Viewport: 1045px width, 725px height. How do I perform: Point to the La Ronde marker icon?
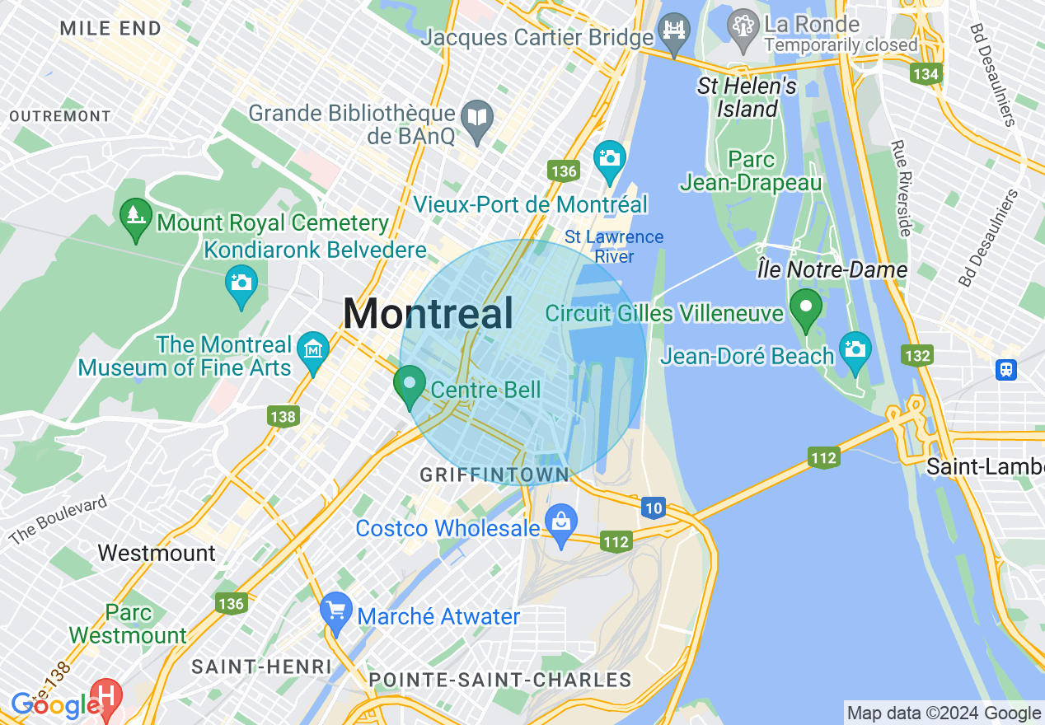point(743,27)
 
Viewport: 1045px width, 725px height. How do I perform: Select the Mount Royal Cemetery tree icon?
point(135,217)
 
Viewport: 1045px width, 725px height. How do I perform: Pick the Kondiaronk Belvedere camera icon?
point(241,284)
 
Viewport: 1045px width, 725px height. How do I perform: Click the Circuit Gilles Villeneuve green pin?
point(805,308)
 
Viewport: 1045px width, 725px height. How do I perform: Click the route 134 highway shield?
point(926,74)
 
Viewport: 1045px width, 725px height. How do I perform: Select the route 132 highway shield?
point(917,356)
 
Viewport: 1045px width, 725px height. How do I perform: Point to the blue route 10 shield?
point(654,508)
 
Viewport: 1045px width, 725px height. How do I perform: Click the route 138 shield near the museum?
point(282,417)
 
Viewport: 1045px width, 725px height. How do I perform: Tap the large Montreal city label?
point(428,314)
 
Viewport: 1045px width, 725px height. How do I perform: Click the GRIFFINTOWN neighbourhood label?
point(494,475)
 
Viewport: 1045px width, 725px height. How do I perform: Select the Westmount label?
point(157,553)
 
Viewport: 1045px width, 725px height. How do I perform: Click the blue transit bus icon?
point(1006,369)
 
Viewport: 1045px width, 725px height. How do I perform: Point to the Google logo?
point(55,706)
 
